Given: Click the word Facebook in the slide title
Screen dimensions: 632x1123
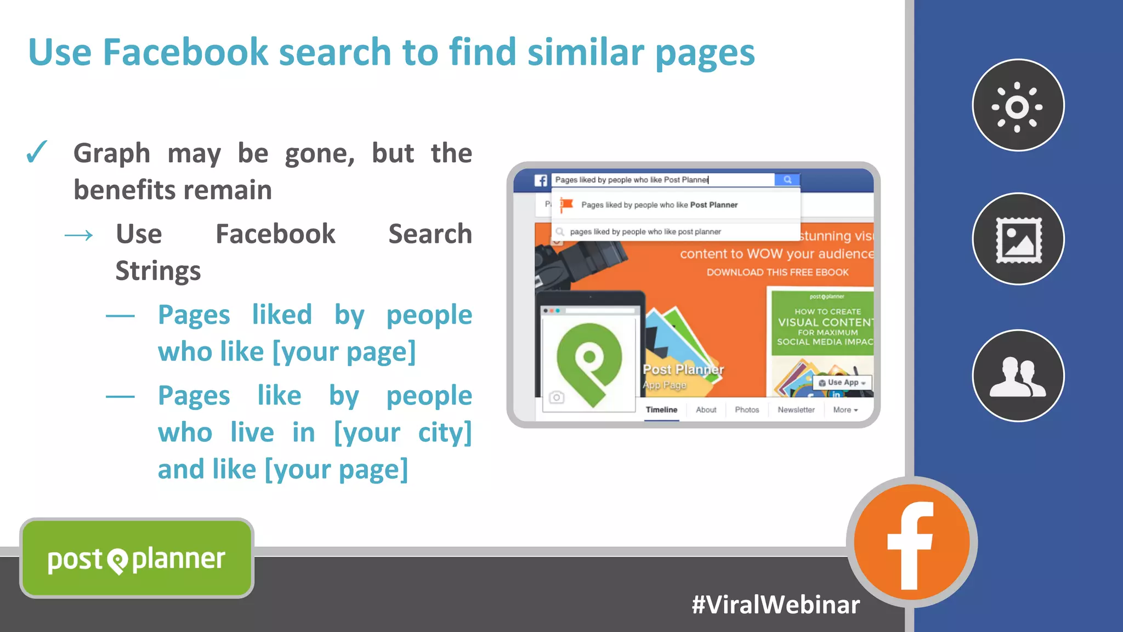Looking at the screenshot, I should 185,53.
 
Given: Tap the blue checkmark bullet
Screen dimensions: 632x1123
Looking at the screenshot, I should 37,152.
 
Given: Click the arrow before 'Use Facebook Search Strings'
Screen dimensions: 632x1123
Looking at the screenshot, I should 79,236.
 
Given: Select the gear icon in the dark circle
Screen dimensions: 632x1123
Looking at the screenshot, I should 1018,106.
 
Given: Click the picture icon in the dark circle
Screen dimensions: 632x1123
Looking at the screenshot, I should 1018,240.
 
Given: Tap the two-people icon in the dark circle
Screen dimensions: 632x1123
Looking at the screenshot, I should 1018,376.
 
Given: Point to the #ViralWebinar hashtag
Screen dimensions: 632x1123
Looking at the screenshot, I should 775,605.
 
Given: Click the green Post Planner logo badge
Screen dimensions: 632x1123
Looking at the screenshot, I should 137,559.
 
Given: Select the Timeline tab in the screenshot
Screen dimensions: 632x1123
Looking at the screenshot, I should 661,409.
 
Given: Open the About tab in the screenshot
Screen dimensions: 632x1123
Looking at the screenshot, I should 706,409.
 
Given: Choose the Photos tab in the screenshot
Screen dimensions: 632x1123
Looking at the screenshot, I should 747,409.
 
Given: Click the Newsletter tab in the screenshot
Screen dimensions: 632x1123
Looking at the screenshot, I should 796,409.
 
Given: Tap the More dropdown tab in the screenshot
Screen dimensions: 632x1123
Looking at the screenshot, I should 845,409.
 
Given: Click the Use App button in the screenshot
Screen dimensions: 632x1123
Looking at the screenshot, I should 842,383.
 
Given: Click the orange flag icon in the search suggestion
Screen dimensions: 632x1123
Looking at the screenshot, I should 566,205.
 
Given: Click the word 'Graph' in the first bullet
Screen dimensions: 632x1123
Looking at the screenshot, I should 112,153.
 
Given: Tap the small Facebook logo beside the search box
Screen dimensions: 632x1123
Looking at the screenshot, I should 541,180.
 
